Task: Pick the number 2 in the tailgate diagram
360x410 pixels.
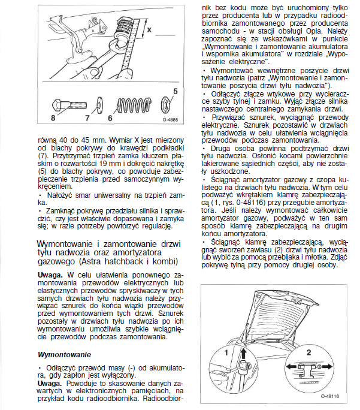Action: (x=308, y=352)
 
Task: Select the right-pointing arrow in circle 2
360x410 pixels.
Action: (x=329, y=365)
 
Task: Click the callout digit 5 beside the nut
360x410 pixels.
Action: (x=175, y=91)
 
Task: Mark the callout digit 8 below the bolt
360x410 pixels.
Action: (x=53, y=118)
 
